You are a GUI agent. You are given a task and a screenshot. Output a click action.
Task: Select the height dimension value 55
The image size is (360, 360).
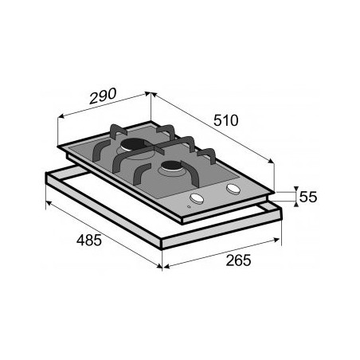pos(307,196)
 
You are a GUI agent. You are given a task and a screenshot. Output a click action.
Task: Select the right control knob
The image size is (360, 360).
pos(233,189)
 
